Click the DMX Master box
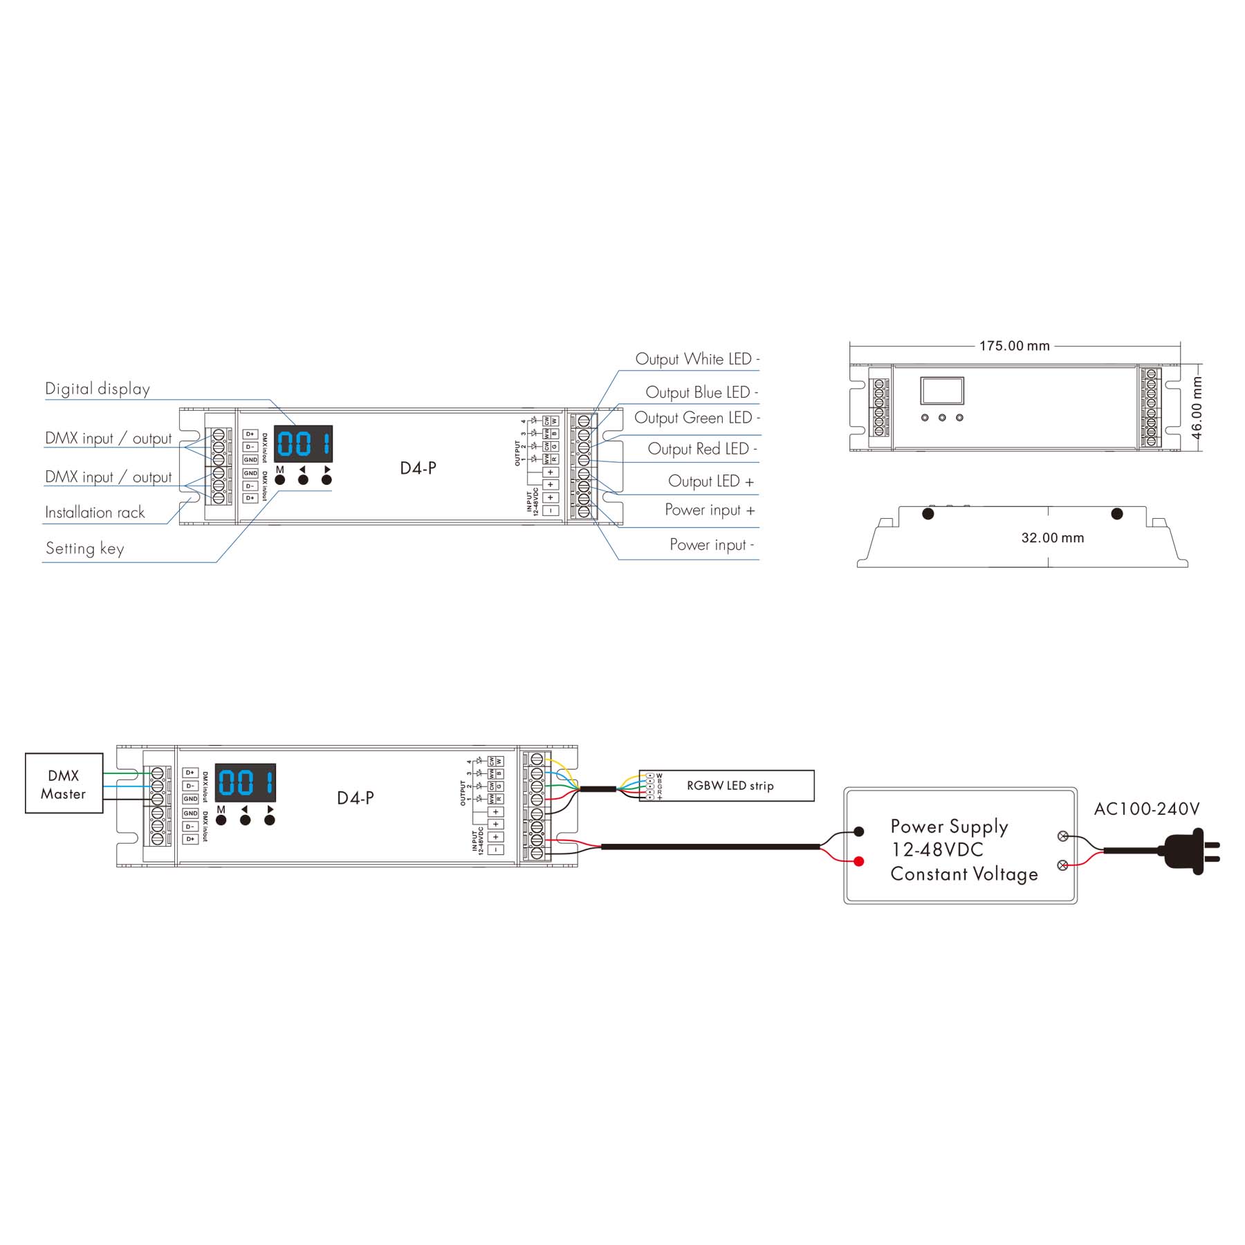tap(64, 784)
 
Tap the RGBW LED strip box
tap(730, 786)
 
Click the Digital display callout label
tap(98, 389)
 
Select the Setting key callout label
tap(85, 548)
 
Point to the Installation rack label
tap(95, 513)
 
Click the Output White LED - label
tap(697, 359)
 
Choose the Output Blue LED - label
tap(701, 392)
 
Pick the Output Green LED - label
tap(697, 418)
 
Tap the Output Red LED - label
tap(702, 449)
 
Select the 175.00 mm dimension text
tap(1014, 346)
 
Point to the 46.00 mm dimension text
tap(1197, 407)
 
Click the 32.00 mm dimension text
tap(1052, 538)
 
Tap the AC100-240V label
tap(1146, 809)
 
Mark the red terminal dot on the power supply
tap(859, 862)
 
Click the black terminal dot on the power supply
tap(859, 831)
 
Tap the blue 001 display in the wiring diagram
tap(246, 783)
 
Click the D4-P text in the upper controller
tap(418, 468)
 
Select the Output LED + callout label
tap(710, 481)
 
